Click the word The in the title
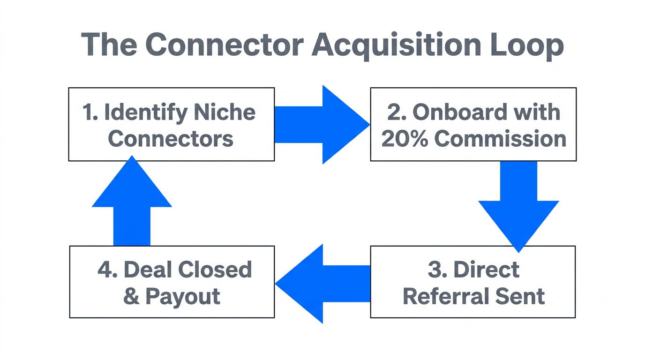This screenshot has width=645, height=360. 109,45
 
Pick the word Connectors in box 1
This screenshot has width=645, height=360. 171,139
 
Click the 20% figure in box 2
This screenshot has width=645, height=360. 404,139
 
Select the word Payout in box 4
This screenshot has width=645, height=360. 183,296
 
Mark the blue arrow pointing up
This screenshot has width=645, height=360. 132,202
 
